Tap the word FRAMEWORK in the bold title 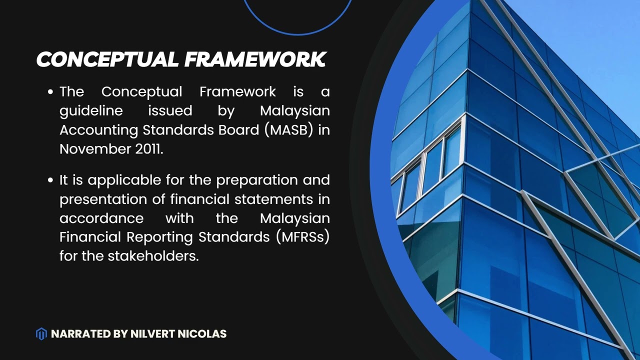point(255,59)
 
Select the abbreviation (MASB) point(290,129)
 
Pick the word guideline point(91,111)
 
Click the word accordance point(101,218)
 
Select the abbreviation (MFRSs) point(302,237)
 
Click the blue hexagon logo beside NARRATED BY point(41,333)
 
